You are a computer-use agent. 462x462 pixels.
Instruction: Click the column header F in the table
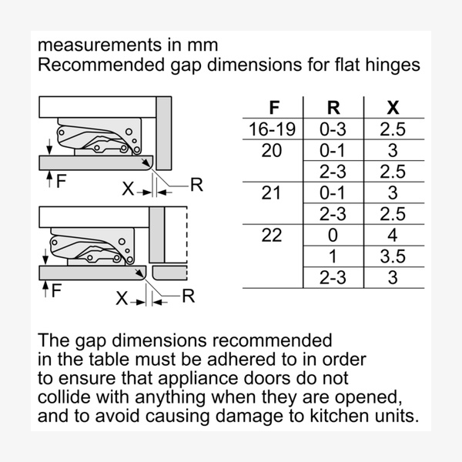273,107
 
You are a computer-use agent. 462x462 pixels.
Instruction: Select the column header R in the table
332,107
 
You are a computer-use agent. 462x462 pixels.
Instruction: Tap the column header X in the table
392,107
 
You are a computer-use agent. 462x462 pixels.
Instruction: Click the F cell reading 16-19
273,129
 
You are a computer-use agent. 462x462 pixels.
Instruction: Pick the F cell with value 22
273,236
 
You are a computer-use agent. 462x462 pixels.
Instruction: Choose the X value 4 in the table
392,236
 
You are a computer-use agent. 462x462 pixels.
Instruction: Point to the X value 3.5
392,256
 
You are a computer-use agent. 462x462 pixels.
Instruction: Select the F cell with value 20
273,151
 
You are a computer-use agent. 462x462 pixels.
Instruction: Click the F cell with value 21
273,193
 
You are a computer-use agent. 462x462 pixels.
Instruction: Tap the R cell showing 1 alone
332,256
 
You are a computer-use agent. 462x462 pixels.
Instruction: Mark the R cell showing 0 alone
332,236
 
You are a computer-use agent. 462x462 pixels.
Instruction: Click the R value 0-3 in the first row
332,129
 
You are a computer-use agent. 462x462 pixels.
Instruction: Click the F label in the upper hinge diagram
62,181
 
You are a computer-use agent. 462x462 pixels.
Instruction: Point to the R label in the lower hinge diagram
188,297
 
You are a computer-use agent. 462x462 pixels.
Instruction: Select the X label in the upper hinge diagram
126,187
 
